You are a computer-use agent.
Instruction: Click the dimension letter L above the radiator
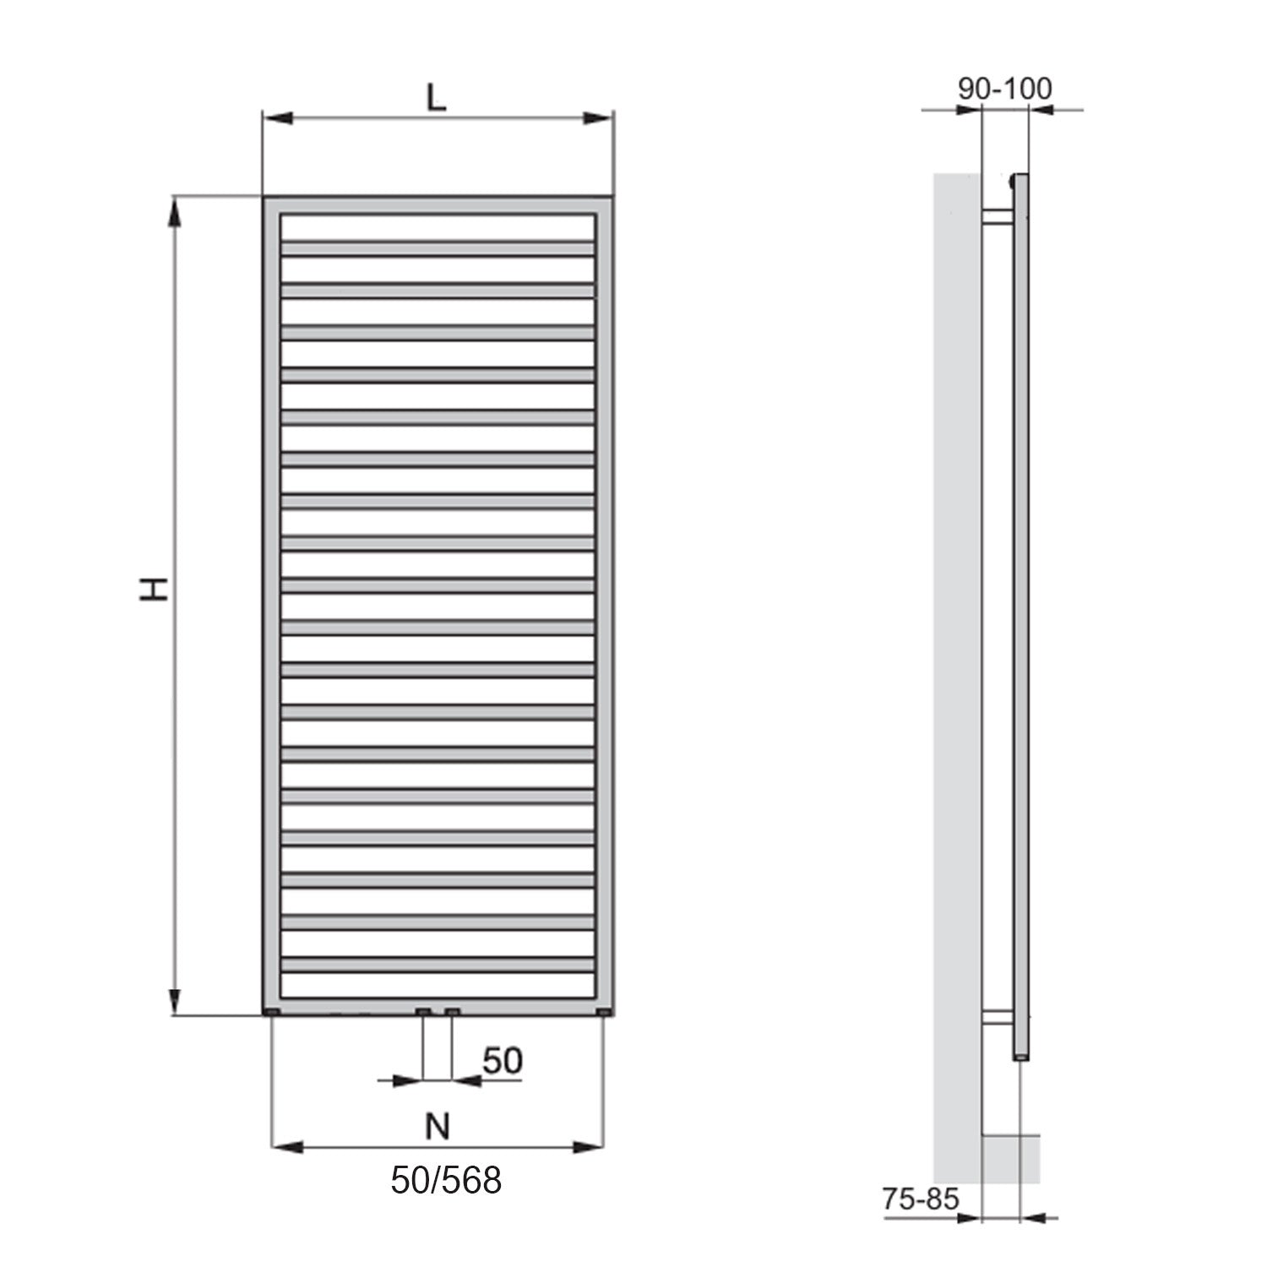[x=435, y=98]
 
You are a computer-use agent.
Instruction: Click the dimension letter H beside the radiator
[x=155, y=589]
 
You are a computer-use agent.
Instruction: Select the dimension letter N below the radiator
[x=437, y=1126]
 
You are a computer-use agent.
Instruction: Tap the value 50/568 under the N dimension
[x=445, y=1180]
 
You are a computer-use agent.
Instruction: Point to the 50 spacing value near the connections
[x=503, y=1061]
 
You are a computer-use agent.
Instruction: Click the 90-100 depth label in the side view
[x=1005, y=89]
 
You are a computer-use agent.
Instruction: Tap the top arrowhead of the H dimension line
[x=175, y=211]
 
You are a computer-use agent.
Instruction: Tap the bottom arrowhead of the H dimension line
[x=175, y=1001]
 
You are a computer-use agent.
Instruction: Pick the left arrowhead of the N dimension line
[x=285, y=1147]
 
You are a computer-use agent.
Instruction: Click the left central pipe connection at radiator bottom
[x=423, y=1011]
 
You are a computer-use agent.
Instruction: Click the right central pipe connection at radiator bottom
[x=453, y=1011]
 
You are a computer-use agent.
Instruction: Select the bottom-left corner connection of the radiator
[x=272, y=1011]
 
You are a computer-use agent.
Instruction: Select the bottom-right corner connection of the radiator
[x=603, y=1011]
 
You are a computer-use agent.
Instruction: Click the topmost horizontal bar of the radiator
[x=438, y=248]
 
